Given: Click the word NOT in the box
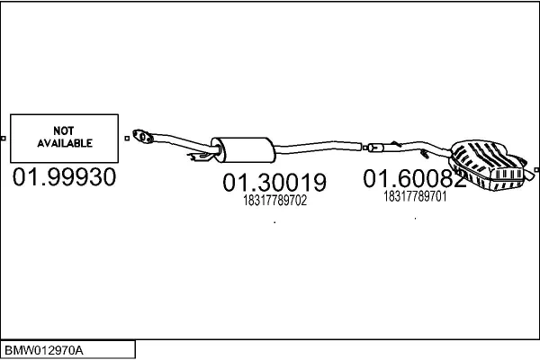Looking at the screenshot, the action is pos(64,130).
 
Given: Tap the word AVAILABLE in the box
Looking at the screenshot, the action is pos(65,143).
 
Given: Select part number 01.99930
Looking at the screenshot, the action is pos(64,177).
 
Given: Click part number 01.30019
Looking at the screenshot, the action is pos(274,182).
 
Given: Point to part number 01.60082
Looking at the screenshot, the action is pos(415,178).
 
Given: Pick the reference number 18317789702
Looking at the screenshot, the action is pos(274,201).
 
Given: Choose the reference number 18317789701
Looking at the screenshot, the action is pos(415,197).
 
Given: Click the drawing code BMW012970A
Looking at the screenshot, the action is pos(44,351).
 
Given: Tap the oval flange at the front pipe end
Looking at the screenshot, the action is pos(143,136).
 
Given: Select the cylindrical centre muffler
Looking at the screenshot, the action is pos(243,150).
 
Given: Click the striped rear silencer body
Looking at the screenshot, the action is pos(486,165).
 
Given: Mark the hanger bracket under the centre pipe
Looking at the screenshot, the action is pos(200,157).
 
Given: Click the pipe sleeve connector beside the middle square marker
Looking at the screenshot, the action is pos(375,148).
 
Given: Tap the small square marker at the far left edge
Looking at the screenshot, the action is pos(3,139).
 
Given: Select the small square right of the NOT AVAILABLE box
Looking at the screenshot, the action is pos(127,138).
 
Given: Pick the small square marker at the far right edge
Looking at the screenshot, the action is pos(536,169).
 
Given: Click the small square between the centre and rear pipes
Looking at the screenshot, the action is pos(364,148).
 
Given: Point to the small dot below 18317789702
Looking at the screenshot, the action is pos(274,222).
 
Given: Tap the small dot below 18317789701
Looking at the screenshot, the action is pos(415,219).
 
